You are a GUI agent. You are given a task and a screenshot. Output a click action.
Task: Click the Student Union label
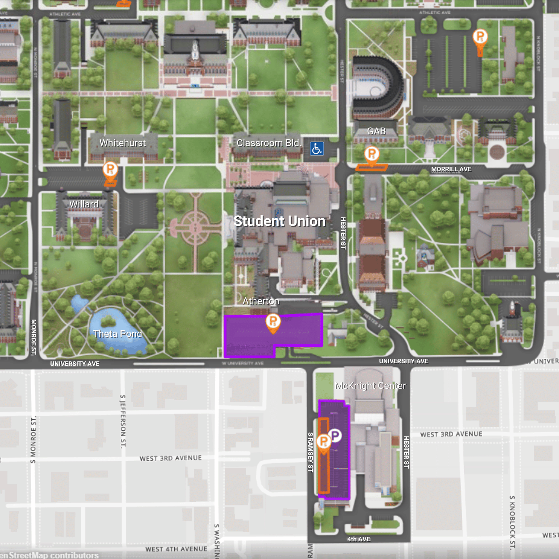coord(279,221)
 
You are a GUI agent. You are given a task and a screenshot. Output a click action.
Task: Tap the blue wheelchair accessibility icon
coord(317,149)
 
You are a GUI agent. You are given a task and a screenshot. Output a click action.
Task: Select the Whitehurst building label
coord(122,143)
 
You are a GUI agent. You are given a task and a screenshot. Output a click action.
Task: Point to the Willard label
coord(84,204)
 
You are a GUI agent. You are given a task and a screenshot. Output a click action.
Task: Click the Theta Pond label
coord(117,334)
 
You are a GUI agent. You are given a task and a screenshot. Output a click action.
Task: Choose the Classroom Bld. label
coord(269,143)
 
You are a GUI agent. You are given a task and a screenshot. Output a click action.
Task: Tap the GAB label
coord(376,131)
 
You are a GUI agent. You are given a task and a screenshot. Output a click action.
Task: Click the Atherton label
coord(261,301)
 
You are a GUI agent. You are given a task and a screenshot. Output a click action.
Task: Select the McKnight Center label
coord(370,386)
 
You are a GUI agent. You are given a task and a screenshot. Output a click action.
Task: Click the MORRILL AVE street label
coord(451,169)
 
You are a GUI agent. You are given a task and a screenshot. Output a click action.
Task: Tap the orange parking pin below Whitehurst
coord(110,170)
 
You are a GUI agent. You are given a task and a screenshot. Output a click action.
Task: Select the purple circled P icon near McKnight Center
coord(335,436)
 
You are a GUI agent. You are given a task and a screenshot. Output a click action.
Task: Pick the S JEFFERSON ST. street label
coord(123,421)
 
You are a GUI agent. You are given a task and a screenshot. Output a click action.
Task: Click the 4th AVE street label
coord(358,539)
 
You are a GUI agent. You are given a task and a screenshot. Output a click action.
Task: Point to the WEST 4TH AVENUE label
coord(176,549)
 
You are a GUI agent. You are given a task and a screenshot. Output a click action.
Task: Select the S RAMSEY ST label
coord(310,452)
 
